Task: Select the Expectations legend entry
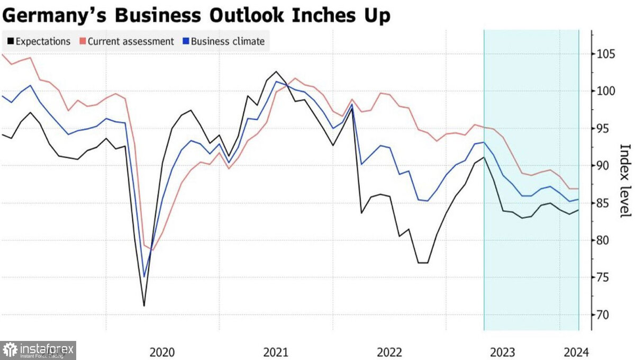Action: [40, 41]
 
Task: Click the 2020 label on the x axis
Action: [162, 352]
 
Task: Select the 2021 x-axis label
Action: [276, 352]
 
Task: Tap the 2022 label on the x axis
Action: [389, 352]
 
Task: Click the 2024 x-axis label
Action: [575, 352]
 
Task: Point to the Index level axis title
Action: [625, 180]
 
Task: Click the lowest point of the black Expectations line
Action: [144, 306]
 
